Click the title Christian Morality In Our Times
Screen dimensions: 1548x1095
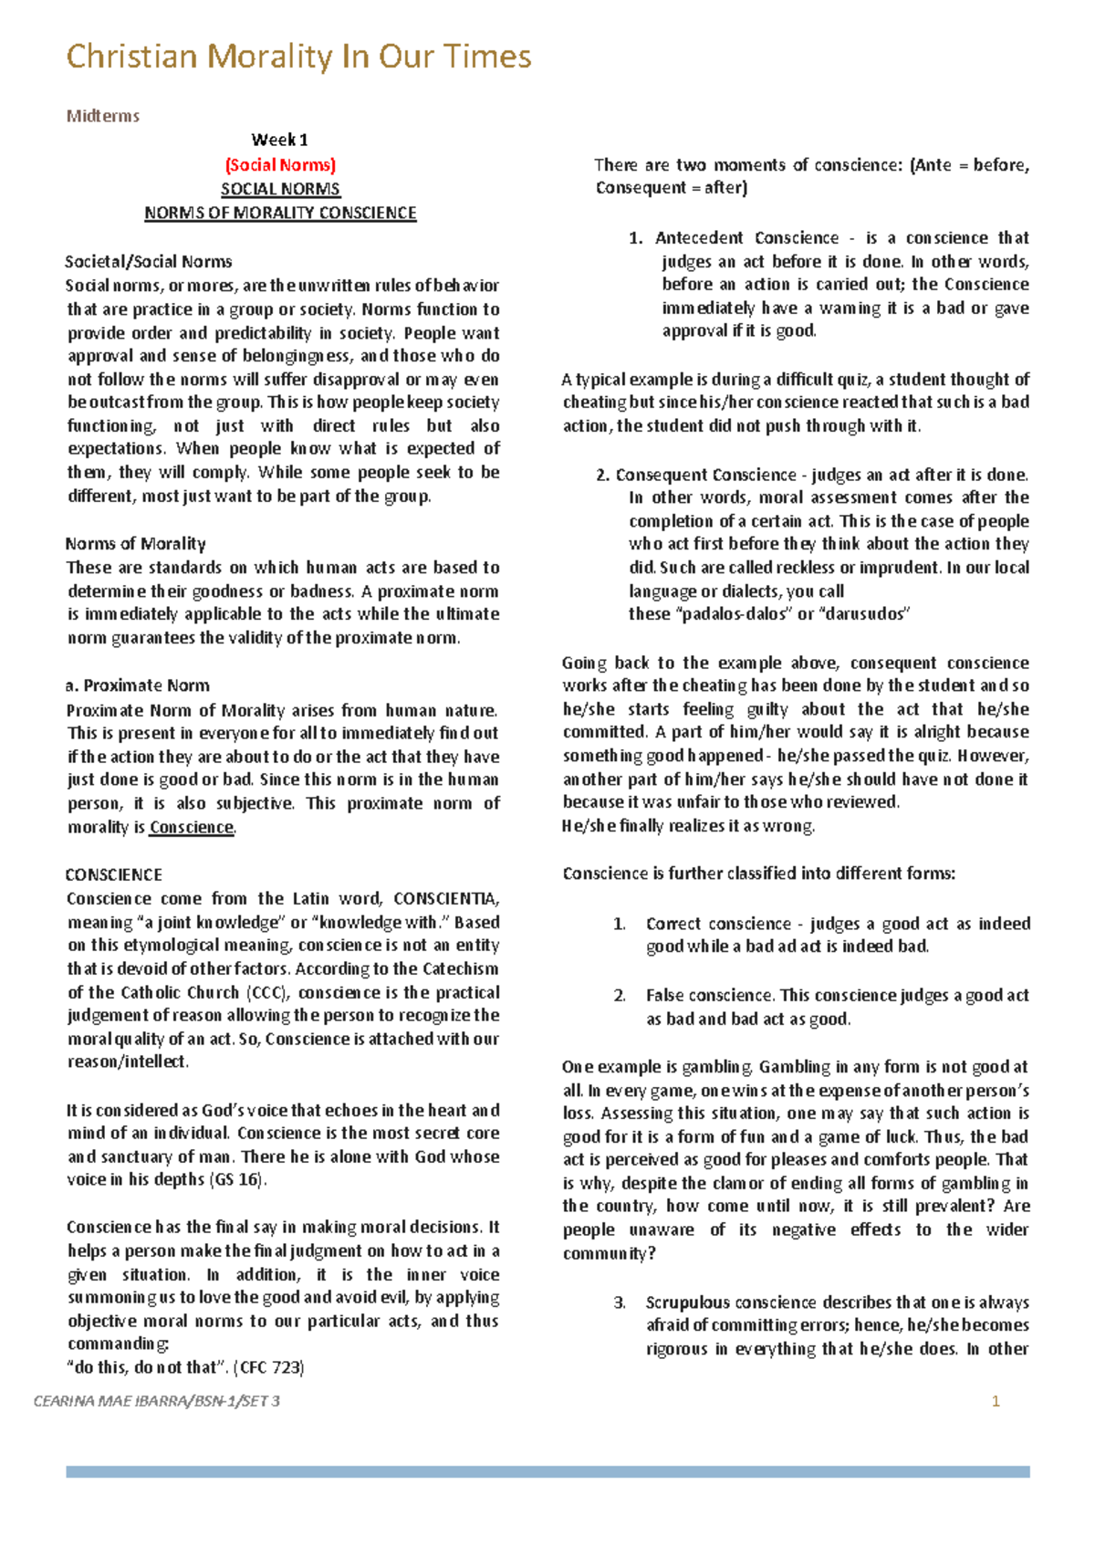tap(298, 58)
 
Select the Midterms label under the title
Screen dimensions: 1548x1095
tap(102, 116)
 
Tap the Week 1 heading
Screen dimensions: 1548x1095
tap(279, 140)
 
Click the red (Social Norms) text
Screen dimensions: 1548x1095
tap(280, 165)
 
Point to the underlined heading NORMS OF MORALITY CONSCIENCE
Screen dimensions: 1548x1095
tap(280, 213)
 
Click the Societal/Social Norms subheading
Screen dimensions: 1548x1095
tap(149, 262)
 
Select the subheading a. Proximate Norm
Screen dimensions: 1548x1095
tap(138, 685)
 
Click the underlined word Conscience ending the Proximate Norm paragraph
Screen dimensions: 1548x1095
tap(192, 828)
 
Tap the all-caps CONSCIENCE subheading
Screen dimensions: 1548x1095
tap(114, 874)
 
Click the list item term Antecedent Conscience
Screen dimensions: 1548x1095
tap(746, 238)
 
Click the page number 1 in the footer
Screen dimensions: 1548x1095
tap(996, 1401)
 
